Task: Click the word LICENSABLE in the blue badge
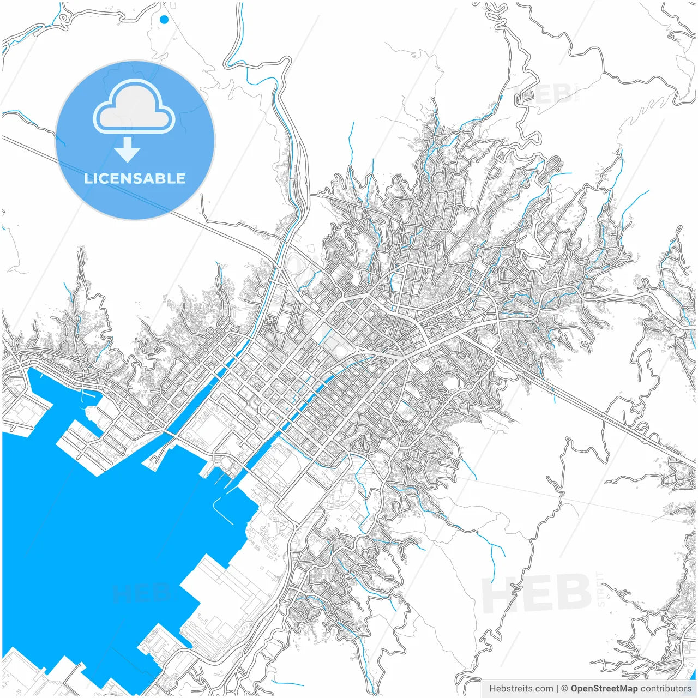135,178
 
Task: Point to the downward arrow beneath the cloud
128,149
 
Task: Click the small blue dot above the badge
164,20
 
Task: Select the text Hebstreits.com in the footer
521,689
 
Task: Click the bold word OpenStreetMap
604,689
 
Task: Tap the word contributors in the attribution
666,689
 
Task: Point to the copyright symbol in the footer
565,689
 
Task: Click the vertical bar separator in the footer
557,689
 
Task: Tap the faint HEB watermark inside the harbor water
141,593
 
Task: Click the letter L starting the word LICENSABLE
88,178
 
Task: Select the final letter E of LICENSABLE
180,178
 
